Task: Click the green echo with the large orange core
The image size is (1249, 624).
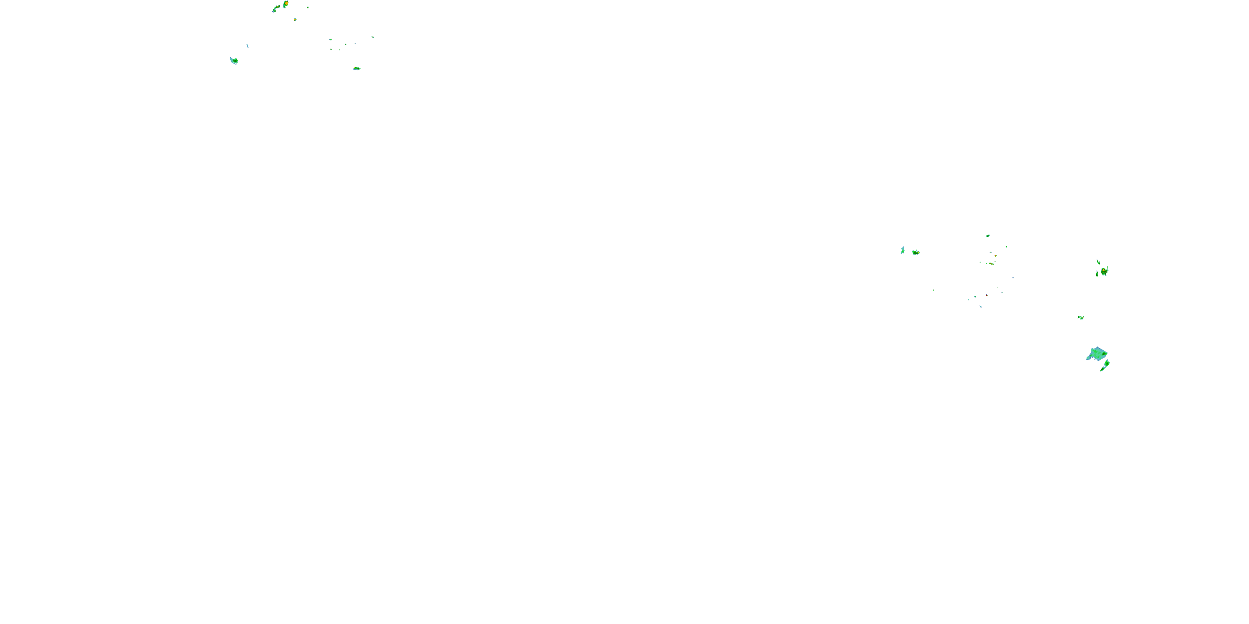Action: tap(286, 4)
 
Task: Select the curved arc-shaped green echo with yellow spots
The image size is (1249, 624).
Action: tap(276, 8)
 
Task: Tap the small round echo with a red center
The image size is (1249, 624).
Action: tap(295, 20)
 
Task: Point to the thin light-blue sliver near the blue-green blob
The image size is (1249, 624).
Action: tap(247, 46)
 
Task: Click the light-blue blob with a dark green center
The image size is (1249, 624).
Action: tap(234, 61)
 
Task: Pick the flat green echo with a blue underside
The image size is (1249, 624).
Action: tap(356, 68)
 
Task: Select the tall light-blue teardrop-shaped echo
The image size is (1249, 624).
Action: tap(902, 250)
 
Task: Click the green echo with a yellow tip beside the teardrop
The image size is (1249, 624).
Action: tap(916, 252)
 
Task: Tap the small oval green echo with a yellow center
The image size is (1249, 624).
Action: tap(988, 236)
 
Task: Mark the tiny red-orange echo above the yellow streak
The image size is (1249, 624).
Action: tap(995, 255)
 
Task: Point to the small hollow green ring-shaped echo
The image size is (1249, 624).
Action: tap(975, 297)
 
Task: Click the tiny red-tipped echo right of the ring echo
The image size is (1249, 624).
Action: tap(987, 295)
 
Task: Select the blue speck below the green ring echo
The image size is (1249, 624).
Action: tap(980, 306)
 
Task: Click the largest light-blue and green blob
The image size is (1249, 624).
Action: tap(1097, 354)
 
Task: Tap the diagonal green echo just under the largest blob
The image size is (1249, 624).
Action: tap(1105, 365)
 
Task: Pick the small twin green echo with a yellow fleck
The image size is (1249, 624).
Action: tap(1080, 317)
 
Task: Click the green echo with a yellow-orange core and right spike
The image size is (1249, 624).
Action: tap(1104, 271)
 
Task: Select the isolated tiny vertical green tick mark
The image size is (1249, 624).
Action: tap(933, 290)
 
